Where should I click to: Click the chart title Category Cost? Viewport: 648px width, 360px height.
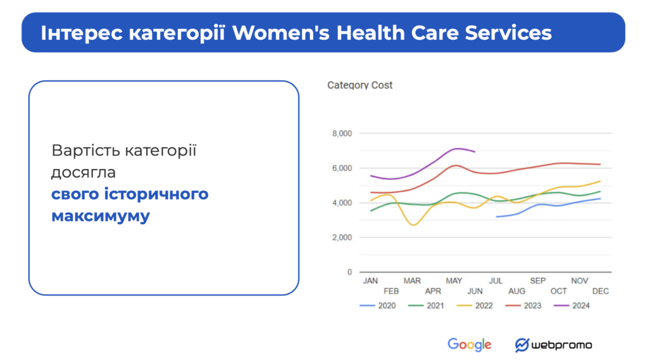point(359,85)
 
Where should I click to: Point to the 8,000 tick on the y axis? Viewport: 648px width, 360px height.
point(341,133)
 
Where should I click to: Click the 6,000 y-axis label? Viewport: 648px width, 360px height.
point(341,168)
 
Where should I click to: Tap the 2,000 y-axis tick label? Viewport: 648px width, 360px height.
point(341,237)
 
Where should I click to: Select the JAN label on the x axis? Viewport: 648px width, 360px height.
point(370,280)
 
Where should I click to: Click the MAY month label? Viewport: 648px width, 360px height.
point(454,280)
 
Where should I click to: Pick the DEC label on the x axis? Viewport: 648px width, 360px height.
point(601,291)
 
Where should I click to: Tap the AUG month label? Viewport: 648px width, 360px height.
point(516,291)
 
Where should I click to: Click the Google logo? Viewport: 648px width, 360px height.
point(470,345)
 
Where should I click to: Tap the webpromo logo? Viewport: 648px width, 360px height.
point(554,345)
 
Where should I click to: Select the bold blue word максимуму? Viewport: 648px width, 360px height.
point(101,216)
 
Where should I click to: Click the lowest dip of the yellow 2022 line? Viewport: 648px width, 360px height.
point(413,225)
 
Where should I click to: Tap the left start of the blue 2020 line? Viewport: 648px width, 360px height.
point(497,217)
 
